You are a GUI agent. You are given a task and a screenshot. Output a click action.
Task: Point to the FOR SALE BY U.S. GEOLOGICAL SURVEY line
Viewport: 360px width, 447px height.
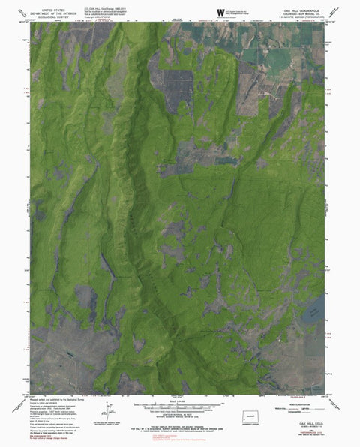[x=180, y=430]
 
